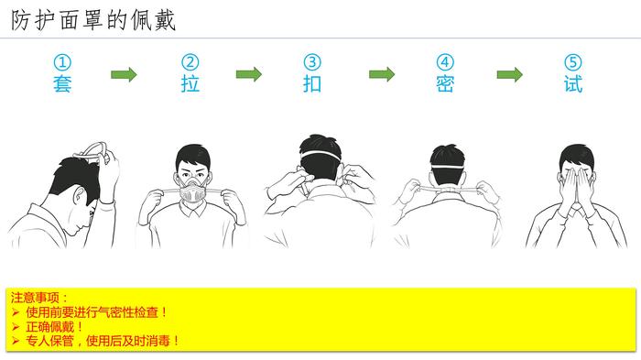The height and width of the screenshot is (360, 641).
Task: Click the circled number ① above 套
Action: tap(62, 62)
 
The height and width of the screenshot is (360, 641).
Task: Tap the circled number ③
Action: tap(312, 62)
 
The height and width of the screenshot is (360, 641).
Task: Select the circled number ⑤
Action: tap(572, 62)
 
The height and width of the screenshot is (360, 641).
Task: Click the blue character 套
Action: tap(62, 84)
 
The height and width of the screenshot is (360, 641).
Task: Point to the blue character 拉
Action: tap(190, 84)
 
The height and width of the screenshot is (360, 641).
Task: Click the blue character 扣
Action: tap(312, 84)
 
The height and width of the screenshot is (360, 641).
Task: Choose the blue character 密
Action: tap(445, 84)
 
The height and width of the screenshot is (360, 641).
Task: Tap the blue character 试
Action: tap(572, 84)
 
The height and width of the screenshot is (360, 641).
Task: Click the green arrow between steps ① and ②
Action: tap(124, 74)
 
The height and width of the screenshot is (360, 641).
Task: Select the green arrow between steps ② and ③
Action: tap(248, 74)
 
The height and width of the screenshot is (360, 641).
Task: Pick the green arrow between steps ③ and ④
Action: tap(382, 74)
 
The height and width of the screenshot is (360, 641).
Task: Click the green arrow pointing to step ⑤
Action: tap(510, 74)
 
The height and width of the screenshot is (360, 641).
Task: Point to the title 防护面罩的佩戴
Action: tap(93, 20)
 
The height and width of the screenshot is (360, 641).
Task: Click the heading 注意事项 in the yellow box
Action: tap(35, 298)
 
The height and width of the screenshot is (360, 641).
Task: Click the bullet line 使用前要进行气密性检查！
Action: tap(96, 312)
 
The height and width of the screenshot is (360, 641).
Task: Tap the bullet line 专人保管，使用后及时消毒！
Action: tap(103, 341)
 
